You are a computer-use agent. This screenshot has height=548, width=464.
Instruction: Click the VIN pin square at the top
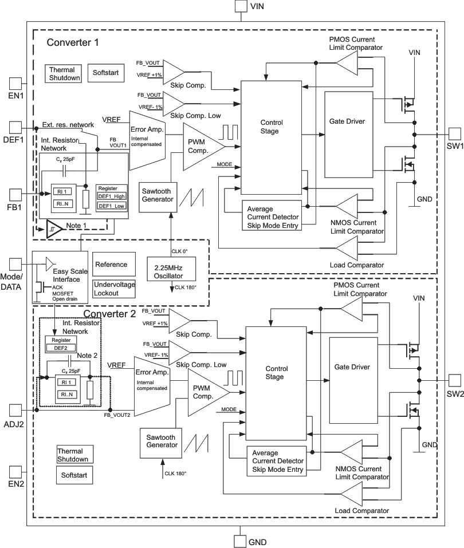[x=241, y=6]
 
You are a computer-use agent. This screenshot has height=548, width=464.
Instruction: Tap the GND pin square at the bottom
[x=241, y=541]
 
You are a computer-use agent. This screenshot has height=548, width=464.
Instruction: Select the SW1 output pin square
[x=454, y=133]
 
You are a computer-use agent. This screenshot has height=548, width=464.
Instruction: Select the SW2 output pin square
[x=454, y=380]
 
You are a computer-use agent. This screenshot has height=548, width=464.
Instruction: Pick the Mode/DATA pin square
[x=15, y=263]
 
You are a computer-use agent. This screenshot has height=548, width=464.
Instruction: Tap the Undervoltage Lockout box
[x=115, y=289]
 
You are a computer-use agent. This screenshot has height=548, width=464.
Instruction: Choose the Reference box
[x=115, y=265]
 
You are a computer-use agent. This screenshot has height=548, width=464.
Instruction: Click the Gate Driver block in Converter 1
[x=348, y=122]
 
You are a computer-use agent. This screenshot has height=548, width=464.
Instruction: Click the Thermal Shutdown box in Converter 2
[x=73, y=455]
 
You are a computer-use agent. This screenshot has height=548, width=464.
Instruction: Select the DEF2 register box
[x=61, y=347]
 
